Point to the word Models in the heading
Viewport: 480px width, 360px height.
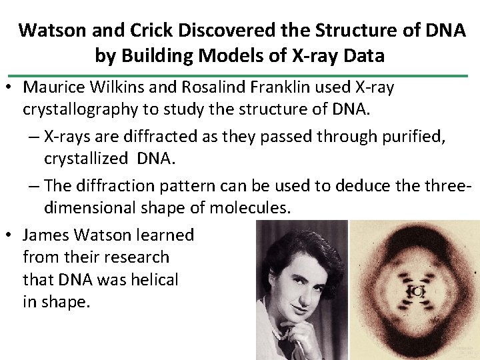tap(228, 55)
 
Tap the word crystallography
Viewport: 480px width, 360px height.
tap(82, 109)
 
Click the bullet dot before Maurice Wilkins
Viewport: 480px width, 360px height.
tap(9, 88)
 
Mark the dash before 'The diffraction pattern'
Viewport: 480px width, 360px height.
tap(34, 185)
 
